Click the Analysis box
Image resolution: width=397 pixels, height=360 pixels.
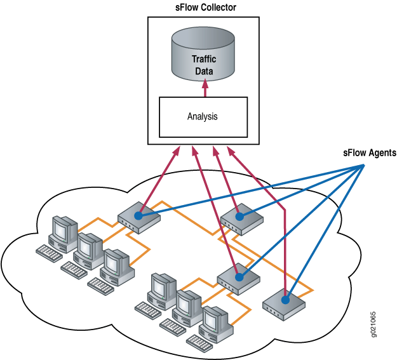coord(203,117)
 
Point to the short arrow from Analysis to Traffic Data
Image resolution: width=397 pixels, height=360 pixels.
coord(204,90)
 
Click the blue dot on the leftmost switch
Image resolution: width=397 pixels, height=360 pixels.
coord(137,217)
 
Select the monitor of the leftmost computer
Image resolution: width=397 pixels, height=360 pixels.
coord(65,228)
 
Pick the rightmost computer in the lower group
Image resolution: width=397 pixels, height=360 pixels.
coord(213,321)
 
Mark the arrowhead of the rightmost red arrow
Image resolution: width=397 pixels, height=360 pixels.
coord(232,151)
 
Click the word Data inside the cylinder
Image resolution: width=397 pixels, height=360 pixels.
coord(204,72)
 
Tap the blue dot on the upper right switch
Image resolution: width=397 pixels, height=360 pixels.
coord(239,217)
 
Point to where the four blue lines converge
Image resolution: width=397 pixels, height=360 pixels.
coord(364,166)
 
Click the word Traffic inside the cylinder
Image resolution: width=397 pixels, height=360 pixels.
coord(204,60)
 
